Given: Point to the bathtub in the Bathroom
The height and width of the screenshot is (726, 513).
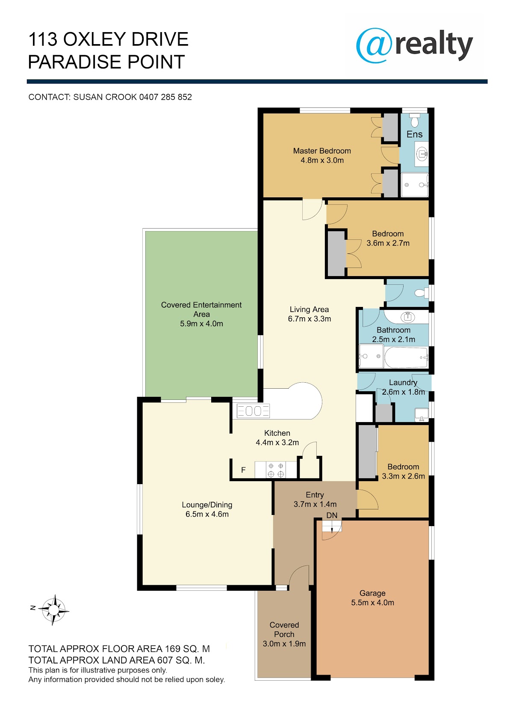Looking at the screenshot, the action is (406, 357).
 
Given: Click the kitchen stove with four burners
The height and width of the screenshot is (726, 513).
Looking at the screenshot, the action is (276, 470).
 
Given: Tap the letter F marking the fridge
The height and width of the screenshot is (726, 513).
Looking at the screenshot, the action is (243, 470).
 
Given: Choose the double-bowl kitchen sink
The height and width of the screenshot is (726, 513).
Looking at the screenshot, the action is (253, 411).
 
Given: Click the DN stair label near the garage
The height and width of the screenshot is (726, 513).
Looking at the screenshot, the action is (332, 515).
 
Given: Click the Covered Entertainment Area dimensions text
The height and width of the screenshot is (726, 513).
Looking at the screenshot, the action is (201, 324).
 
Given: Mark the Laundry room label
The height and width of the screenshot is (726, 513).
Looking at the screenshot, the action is (403, 382).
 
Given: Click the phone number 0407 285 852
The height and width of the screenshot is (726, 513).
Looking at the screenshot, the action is (165, 97).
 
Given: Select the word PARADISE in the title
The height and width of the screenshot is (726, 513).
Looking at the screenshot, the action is (75, 62).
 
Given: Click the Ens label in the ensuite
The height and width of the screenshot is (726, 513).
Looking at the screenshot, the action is (415, 134).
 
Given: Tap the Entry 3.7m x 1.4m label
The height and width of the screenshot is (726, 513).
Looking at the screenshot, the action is (315, 500).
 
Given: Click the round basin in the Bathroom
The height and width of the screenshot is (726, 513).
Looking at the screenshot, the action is (407, 317).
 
